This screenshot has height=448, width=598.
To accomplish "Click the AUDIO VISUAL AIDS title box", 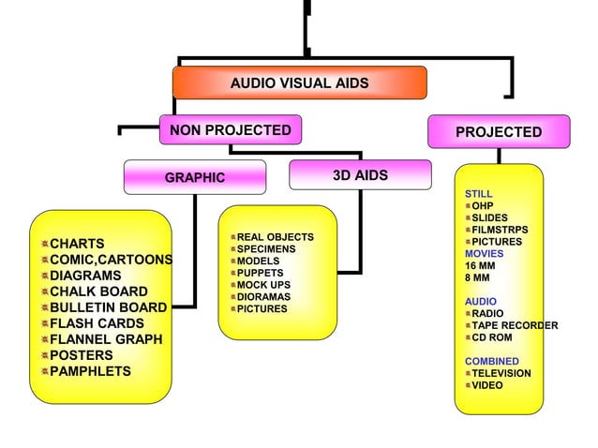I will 299,83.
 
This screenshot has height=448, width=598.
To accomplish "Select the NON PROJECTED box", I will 230,130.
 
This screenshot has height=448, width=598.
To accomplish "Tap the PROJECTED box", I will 499,132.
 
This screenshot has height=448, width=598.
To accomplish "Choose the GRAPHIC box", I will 195,177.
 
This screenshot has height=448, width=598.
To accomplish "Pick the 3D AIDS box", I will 360,175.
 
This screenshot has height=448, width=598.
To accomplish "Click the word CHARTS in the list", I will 77,244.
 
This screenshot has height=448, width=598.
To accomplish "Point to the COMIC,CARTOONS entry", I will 111,260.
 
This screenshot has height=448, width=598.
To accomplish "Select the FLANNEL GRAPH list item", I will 105,339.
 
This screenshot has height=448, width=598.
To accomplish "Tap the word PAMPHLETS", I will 90,371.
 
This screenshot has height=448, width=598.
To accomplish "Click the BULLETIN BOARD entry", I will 108,307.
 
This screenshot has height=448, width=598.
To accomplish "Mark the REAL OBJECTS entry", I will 275,238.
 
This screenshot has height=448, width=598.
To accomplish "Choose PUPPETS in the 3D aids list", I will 260,274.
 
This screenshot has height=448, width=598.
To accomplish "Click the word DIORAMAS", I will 263,297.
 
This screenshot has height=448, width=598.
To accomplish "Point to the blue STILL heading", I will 478,194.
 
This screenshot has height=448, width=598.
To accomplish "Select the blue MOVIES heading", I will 484,254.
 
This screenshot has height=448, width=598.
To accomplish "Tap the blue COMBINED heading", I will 491,361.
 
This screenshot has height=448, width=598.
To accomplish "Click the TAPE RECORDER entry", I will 515,325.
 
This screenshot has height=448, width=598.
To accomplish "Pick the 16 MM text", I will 480,265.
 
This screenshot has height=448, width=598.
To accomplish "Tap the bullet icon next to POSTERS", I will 43,356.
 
